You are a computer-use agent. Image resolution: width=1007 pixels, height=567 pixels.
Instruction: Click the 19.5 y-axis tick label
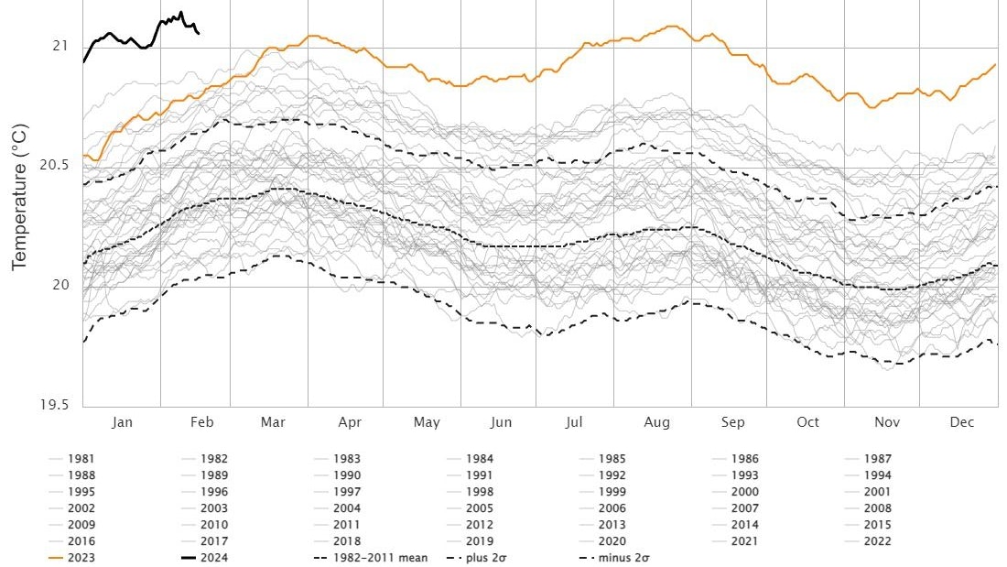(54, 406)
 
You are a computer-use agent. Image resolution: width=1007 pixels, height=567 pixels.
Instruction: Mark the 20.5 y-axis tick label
(54, 165)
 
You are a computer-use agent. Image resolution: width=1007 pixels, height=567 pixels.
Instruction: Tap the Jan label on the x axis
(122, 422)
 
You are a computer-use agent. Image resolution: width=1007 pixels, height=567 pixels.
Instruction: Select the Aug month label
(656, 422)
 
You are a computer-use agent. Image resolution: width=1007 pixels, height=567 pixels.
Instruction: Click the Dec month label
(961, 422)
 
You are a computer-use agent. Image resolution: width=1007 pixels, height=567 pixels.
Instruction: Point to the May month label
(427, 422)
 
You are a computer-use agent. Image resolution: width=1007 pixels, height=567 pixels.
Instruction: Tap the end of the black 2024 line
(200, 34)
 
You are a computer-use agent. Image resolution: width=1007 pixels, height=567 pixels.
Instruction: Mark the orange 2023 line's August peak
(674, 26)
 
